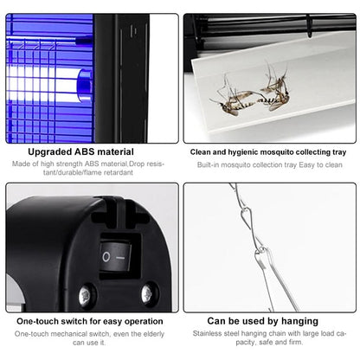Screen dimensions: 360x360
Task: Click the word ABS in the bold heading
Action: [x=85, y=151]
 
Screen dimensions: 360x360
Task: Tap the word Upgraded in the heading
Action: [x=50, y=152]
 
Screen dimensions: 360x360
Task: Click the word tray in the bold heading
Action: [x=338, y=152]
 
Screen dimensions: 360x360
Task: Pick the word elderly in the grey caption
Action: [x=153, y=334]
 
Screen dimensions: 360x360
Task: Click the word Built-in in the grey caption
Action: [x=208, y=165]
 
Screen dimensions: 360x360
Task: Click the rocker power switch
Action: [x=115, y=256]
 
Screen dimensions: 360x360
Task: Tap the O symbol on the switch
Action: [x=106, y=256]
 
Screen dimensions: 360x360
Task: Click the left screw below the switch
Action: [x=86, y=296]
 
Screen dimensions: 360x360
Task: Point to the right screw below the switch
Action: [x=147, y=294]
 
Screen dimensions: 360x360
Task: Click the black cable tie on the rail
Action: [x=309, y=26]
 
